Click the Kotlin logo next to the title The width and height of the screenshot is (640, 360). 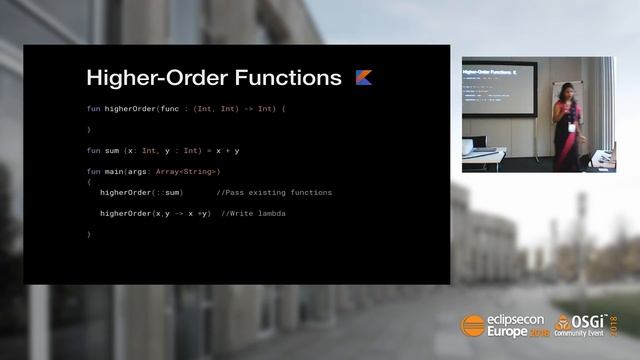[x=364, y=77]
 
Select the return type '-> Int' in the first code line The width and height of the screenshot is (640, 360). [x=263, y=108]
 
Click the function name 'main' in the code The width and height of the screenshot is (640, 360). [x=116, y=171]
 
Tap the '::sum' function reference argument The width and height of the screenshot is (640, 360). [x=166, y=192]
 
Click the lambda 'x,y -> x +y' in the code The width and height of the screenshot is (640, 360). [x=180, y=213]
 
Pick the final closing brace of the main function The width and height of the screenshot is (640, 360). [x=89, y=234]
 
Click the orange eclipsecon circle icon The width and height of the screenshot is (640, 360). [x=473, y=324]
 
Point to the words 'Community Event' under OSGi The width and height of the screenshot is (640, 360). [x=590, y=332]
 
